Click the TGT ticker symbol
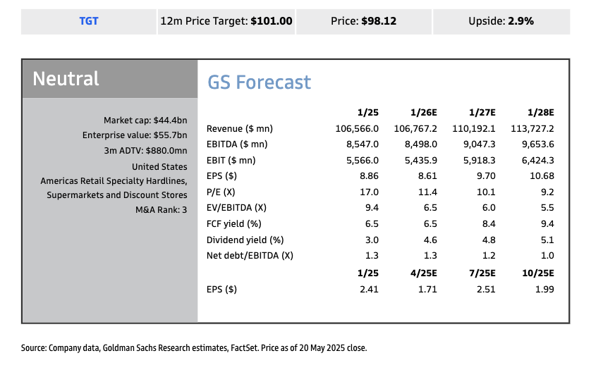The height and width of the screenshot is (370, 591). [89, 21]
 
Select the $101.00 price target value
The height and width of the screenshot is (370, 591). [271, 21]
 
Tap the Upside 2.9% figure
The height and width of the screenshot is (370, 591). [520, 21]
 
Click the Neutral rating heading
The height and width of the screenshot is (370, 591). [66, 78]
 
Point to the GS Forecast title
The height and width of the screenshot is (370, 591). [259, 82]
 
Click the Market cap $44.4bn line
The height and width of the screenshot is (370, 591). [145, 120]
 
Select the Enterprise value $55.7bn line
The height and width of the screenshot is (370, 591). [135, 135]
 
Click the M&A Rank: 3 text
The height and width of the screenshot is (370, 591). [161, 210]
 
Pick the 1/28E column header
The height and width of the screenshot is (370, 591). [540, 112]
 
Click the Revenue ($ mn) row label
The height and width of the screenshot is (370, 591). [240, 128]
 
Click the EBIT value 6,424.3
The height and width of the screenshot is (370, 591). [537, 161]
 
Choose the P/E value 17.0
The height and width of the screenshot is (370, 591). [368, 192]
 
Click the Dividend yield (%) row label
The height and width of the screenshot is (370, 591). [245, 240]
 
